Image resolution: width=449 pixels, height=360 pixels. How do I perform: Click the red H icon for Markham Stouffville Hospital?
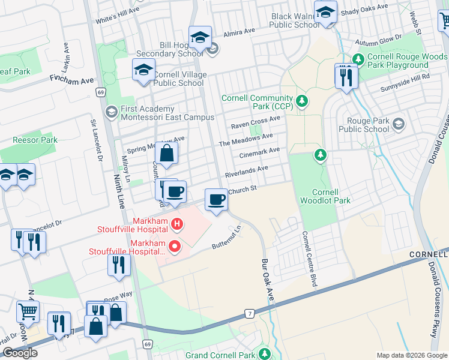point(176,225)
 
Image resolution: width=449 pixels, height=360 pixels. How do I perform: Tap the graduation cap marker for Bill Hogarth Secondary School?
point(200,38)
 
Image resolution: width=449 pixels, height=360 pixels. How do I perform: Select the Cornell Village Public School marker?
point(143,70)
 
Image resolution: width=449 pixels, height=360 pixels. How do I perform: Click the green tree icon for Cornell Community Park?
point(302,100)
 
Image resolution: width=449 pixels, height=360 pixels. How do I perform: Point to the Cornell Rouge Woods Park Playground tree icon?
point(358,59)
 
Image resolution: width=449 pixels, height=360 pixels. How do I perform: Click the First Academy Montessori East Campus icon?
point(111,112)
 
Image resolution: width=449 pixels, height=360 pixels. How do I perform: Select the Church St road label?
point(244,188)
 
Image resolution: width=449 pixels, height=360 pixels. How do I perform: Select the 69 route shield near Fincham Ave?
point(100,92)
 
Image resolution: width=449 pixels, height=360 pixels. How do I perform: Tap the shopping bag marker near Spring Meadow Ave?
point(167,152)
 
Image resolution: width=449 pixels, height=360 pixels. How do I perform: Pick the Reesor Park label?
point(35,140)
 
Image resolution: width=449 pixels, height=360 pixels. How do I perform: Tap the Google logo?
point(20,353)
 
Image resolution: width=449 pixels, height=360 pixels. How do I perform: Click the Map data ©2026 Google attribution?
point(411,355)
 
